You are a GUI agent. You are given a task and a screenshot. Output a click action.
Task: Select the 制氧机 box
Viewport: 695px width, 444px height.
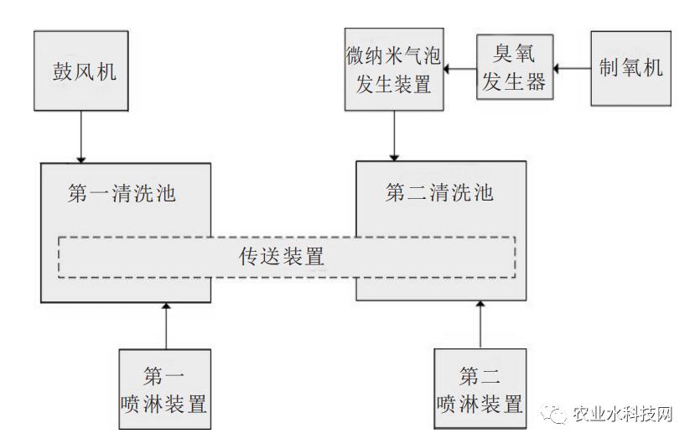pyautogui.click(x=630, y=68)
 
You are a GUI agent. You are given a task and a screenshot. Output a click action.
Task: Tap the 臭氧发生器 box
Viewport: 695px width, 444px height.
pyautogui.click(x=515, y=68)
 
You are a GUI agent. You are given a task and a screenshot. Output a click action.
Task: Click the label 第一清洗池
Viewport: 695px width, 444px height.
pyautogui.click(x=122, y=193)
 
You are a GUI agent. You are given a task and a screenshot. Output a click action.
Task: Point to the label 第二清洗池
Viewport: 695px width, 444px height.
pyautogui.click(x=438, y=193)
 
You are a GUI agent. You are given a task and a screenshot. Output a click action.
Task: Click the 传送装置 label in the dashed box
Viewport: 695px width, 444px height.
pyautogui.click(x=281, y=256)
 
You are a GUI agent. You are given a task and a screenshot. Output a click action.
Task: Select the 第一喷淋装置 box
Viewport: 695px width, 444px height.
pyautogui.click(x=163, y=389)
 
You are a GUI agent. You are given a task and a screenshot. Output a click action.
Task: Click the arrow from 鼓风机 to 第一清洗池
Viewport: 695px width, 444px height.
pyautogui.click(x=81, y=136)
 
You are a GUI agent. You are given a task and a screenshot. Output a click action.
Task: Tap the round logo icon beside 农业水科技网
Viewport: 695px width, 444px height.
pyautogui.click(x=554, y=413)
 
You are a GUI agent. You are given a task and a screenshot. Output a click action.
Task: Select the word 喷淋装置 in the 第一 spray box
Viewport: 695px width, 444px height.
pyautogui.click(x=163, y=404)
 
